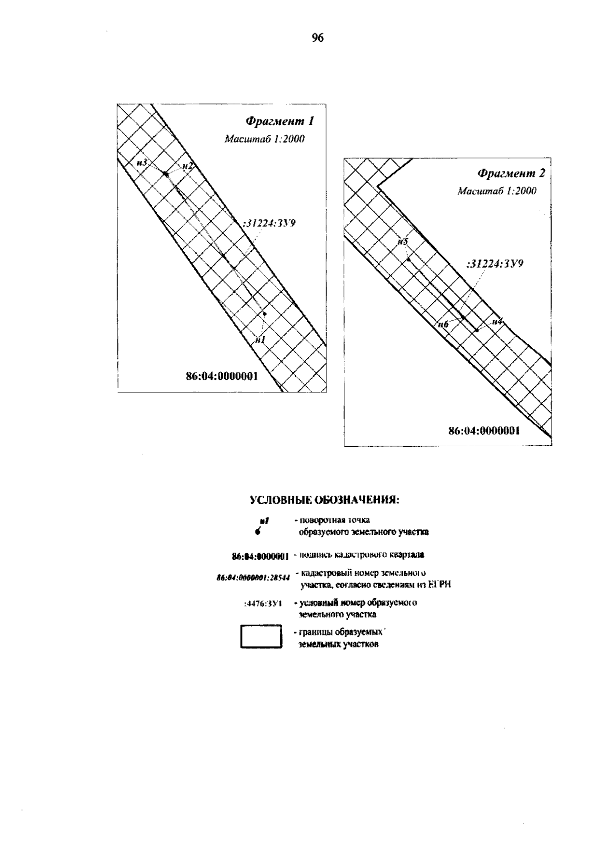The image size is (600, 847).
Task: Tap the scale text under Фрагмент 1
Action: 264,139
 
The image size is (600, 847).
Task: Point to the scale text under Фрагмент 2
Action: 497,191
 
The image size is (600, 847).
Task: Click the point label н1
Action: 259,339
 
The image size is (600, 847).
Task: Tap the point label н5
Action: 402,242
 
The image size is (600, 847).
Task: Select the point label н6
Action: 442,324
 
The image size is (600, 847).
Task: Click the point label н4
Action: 496,322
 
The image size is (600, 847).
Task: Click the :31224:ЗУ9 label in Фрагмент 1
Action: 268,223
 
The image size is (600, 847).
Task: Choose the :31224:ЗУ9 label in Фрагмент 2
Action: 494,264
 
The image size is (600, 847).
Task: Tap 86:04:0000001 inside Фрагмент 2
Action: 484,431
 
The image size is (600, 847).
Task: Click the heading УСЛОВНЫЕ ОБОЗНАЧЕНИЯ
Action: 324,500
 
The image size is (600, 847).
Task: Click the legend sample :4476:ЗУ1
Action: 263,604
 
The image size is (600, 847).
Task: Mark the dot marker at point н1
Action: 265,314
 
